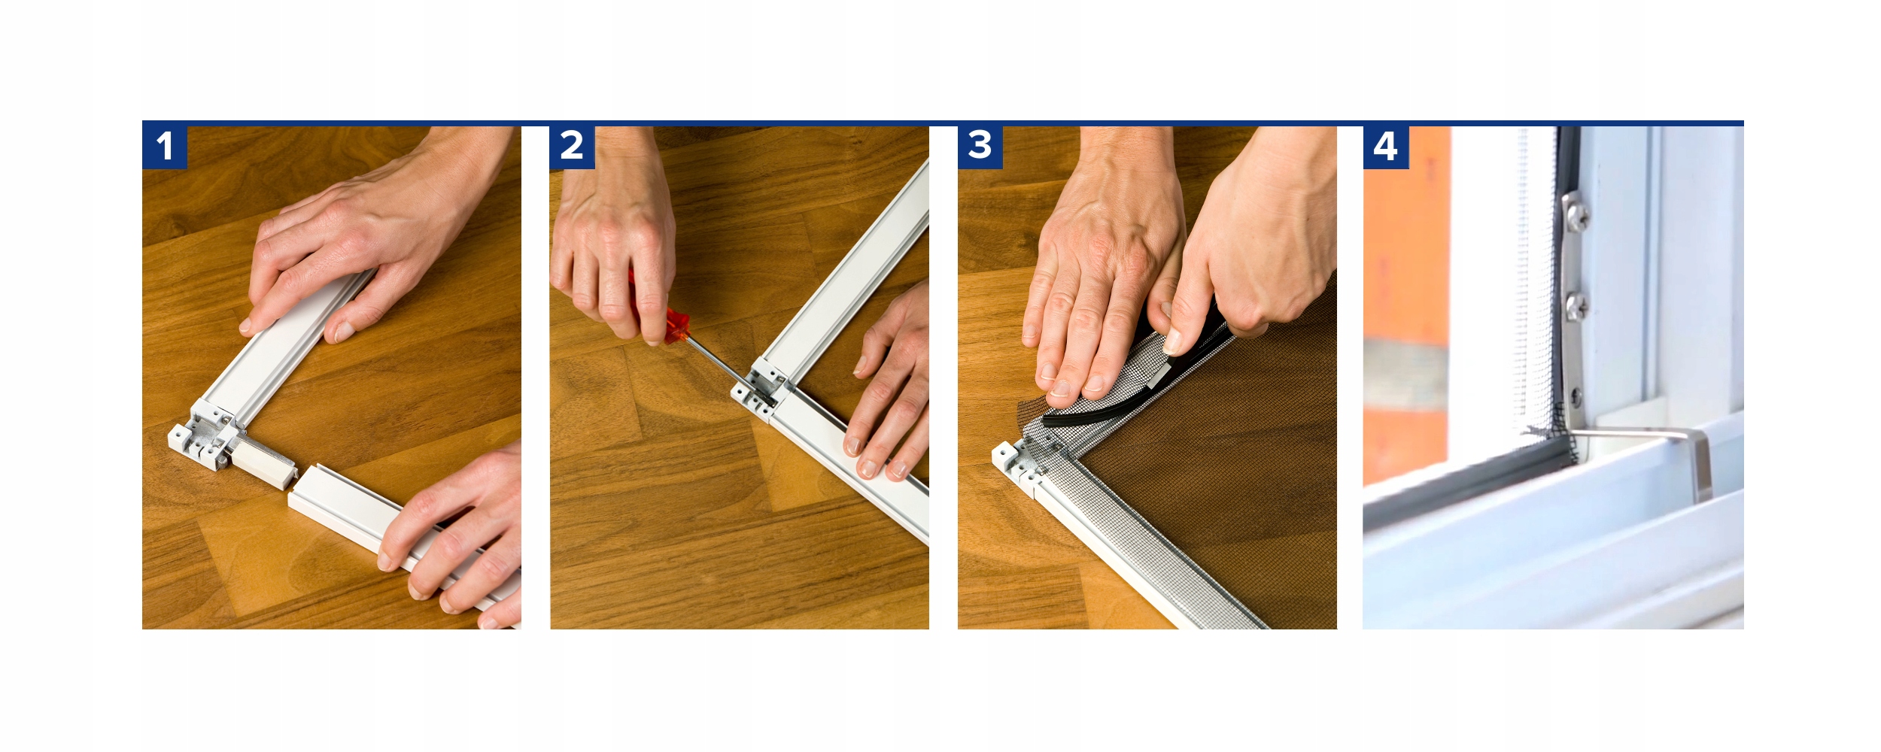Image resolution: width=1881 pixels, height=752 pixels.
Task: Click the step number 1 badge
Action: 165,146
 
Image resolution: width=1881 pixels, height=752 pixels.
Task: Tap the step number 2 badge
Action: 573,146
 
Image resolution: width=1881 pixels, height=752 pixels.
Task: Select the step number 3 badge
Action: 980,146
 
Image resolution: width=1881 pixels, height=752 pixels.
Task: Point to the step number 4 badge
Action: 1385,146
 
